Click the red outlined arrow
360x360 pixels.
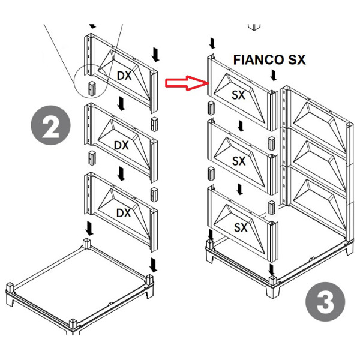coord(187,83)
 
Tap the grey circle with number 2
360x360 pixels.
coord(51,125)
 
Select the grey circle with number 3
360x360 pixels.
coord(325,302)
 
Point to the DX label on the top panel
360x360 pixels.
coord(124,76)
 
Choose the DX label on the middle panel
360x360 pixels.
coord(121,145)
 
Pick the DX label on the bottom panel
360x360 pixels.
coord(124,213)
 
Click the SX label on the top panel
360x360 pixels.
coord(238,95)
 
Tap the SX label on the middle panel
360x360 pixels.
coord(239,161)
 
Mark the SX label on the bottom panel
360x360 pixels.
coord(241,227)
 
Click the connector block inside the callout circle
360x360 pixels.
coord(92,88)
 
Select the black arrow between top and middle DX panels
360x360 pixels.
coord(121,104)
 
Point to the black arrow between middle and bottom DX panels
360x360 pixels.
coord(121,174)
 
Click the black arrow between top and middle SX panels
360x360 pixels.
coord(241,126)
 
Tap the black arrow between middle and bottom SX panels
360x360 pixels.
coord(240,190)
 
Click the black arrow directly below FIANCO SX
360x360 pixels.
coord(273,76)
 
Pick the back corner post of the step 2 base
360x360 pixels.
coord(86,244)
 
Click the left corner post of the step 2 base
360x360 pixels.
coord(10,287)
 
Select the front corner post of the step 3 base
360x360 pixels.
coord(272,281)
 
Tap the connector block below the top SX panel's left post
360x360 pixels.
coord(211,108)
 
